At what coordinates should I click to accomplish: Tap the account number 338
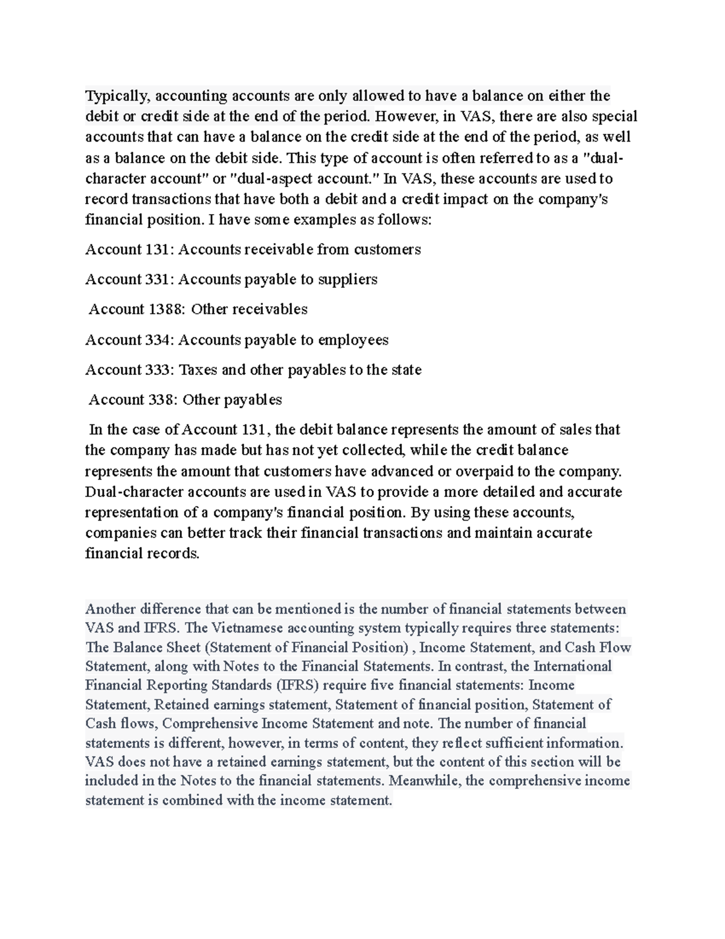coord(163,400)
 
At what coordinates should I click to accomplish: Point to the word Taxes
coord(198,370)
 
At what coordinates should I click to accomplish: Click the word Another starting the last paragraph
coord(110,608)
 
